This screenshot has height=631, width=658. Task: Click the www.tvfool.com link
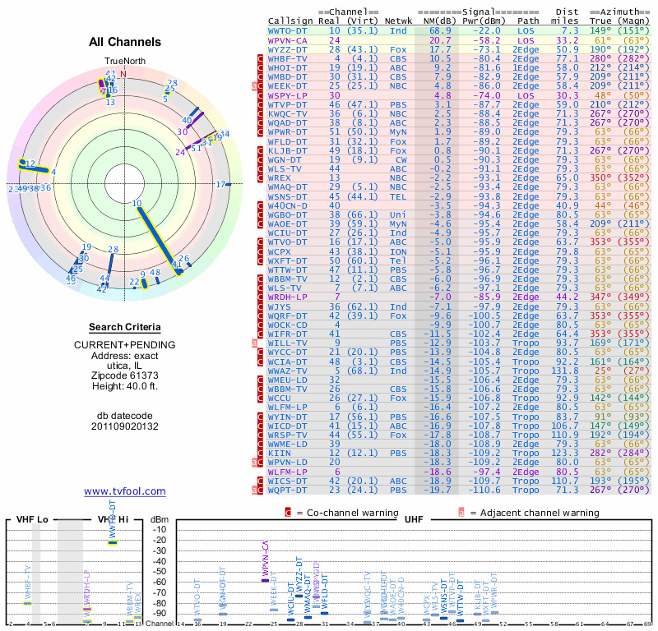click(x=124, y=491)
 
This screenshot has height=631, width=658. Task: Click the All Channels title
click(x=125, y=42)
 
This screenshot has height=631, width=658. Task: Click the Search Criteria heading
click(x=125, y=326)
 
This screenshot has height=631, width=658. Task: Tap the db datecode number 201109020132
click(x=125, y=426)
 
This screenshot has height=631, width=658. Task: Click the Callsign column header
click(x=290, y=20)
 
